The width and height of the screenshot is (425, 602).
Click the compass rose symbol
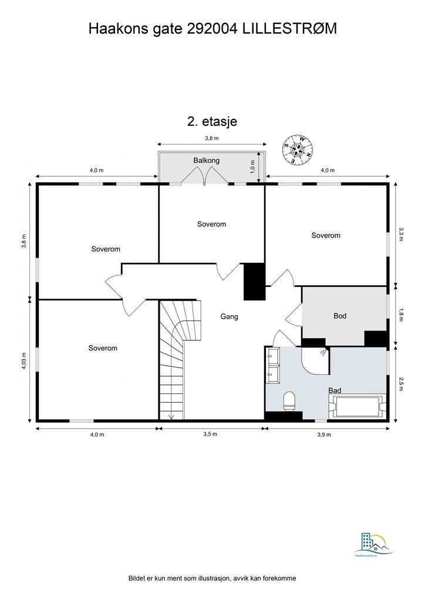pyautogui.click(x=298, y=149)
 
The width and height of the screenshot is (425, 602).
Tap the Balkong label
pyautogui.click(x=206, y=160)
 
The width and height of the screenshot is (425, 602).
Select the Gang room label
pyautogui.click(x=229, y=316)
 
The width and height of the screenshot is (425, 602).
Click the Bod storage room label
pyautogui.click(x=340, y=316)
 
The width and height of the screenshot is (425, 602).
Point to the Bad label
pyautogui.click(x=335, y=390)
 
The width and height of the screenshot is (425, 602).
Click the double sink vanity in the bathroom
pyautogui.click(x=272, y=364)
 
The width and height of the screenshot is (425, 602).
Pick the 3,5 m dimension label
pyautogui.click(x=210, y=434)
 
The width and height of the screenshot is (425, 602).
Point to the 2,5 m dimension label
pyautogui.click(x=402, y=384)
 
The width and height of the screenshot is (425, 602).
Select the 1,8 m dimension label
pyautogui.click(x=402, y=316)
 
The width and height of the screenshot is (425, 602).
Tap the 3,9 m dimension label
pyautogui.click(x=324, y=434)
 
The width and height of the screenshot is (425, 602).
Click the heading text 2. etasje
pyautogui.click(x=211, y=121)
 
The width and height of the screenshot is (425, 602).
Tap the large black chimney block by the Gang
pyautogui.click(x=254, y=281)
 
